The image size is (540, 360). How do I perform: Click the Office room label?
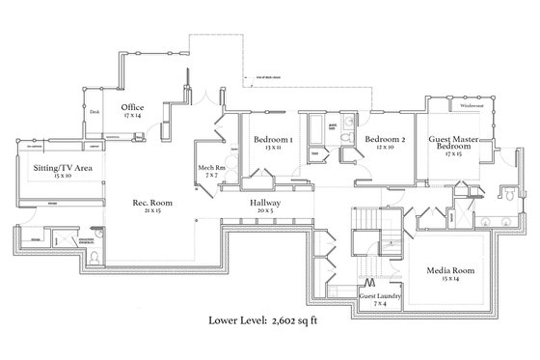[x=132, y=106]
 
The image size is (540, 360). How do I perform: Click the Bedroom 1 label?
[x=273, y=139]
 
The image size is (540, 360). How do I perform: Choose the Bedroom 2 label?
[x=384, y=139]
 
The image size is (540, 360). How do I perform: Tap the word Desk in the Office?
[x=94, y=112]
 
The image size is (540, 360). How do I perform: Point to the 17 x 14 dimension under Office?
[x=132, y=115]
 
